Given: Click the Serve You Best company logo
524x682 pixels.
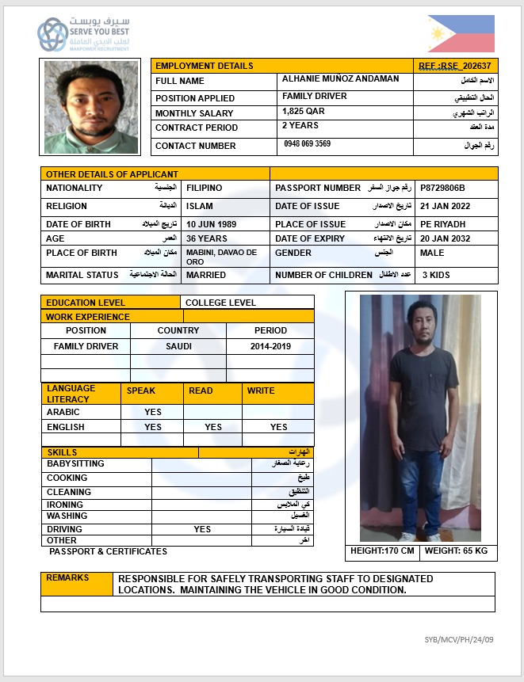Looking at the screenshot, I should [75, 34].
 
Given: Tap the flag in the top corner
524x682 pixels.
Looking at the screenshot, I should [461, 34].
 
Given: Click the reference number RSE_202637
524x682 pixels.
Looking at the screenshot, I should [455, 66].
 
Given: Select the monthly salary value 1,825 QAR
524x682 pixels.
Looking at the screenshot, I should [304, 112].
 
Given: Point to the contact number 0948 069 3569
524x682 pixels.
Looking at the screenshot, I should [308, 144].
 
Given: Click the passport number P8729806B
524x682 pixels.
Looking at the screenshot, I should [442, 188].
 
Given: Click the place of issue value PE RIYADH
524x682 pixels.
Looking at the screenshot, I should [443, 224].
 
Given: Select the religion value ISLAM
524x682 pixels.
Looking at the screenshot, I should [200, 206].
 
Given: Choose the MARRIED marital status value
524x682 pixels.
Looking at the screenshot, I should [206, 275].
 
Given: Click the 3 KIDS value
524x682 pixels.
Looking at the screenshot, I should [436, 275].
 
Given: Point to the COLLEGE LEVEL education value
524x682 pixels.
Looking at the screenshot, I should [220, 303].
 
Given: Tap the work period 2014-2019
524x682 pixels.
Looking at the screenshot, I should [270, 346].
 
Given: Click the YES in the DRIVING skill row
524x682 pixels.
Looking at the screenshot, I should [202, 529].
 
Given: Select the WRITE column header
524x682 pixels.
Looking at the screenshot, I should [261, 391].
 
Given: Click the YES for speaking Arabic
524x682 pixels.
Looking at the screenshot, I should [153, 412].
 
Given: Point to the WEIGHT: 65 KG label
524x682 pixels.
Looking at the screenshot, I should [456, 551].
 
